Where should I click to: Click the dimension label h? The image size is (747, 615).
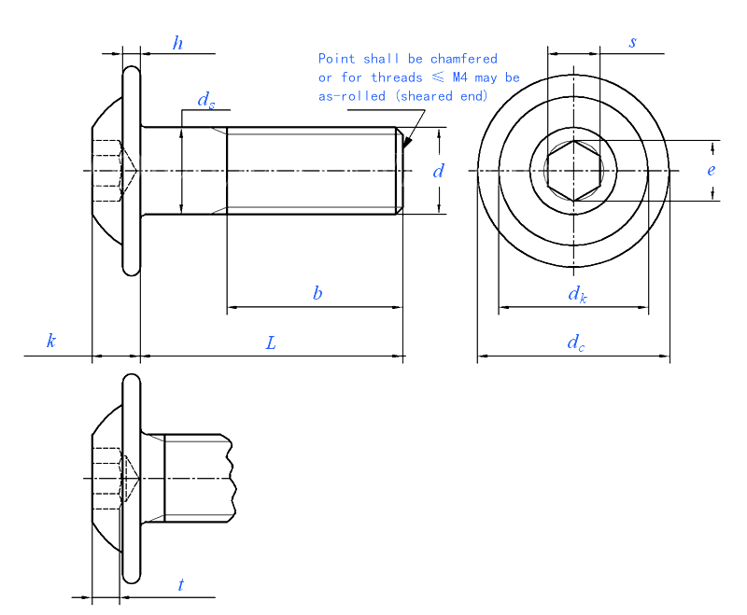click(x=177, y=43)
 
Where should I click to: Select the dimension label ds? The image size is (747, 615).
click(x=205, y=101)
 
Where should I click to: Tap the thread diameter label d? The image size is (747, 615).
click(x=438, y=171)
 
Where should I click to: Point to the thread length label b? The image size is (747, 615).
click(x=317, y=293)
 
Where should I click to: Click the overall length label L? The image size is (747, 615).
click(x=271, y=342)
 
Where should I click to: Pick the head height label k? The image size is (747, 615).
click(x=51, y=342)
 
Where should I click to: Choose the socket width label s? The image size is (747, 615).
click(x=632, y=43)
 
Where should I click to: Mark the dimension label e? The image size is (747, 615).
click(x=711, y=170)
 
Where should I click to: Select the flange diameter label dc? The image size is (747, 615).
click(x=576, y=343)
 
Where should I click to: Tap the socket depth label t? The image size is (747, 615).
click(x=181, y=585)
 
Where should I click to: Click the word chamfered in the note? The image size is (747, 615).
click(x=463, y=59)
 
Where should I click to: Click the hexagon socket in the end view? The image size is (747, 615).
click(x=573, y=171)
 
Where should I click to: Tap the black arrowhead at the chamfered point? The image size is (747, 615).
click(x=407, y=142)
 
